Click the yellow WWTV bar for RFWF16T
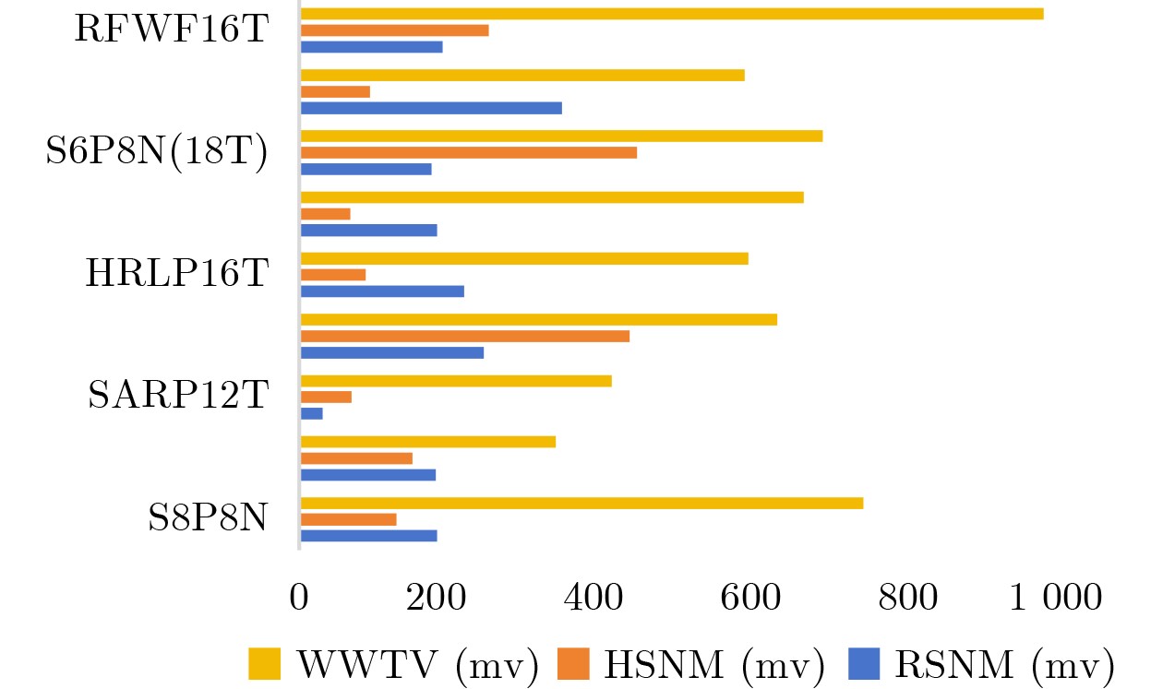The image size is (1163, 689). pyautogui.click(x=672, y=14)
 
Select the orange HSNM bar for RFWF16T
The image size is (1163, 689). pyautogui.click(x=395, y=30)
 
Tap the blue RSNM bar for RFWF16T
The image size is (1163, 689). pyautogui.click(x=372, y=47)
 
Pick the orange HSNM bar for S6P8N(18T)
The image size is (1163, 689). pyautogui.click(x=469, y=152)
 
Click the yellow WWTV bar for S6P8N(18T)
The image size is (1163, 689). pyautogui.click(x=562, y=136)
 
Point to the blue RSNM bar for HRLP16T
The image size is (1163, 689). pyautogui.click(x=383, y=291)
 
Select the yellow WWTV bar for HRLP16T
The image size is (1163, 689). pyautogui.click(x=524, y=258)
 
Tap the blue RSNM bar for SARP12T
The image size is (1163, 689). pyautogui.click(x=312, y=413)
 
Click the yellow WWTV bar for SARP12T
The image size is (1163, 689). pyautogui.click(x=456, y=380)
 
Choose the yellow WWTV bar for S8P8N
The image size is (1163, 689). pyautogui.click(x=582, y=503)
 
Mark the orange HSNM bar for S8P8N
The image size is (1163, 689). pyautogui.click(x=349, y=519)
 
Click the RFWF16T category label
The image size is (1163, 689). pyautogui.click(x=172, y=30)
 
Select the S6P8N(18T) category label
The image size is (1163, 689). pyautogui.click(x=157, y=152)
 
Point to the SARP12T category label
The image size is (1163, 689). pyautogui.click(x=177, y=396)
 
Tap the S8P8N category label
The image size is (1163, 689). pyautogui.click(x=208, y=518)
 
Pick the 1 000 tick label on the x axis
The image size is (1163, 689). pyautogui.click(x=1055, y=597)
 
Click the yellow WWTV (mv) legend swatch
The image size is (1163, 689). pyautogui.click(x=265, y=662)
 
